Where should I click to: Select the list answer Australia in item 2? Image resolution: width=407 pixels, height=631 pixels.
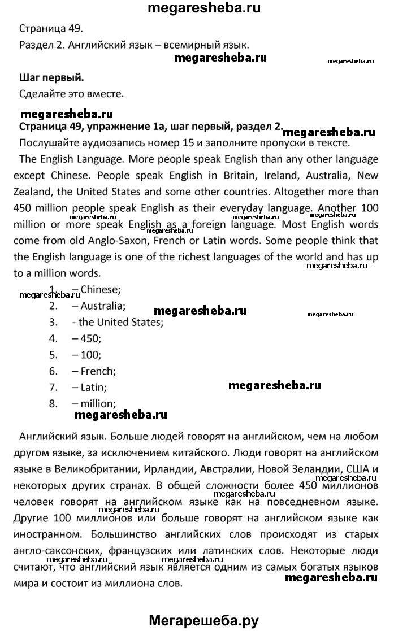pos(103,307)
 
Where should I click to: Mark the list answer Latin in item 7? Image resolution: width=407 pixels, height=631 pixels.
pos(94,388)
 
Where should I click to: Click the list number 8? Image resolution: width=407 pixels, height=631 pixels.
pos(54,404)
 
